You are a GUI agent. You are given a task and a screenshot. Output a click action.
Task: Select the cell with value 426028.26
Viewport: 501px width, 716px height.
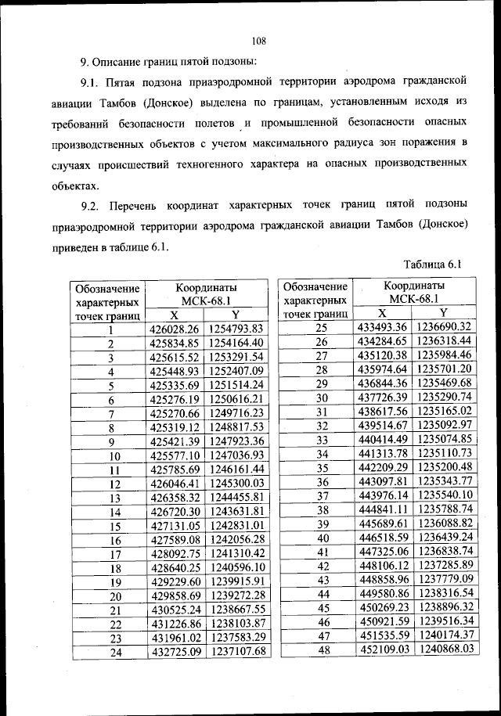pyautogui.click(x=175, y=328)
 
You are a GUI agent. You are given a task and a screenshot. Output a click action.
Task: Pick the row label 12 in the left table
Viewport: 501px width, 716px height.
pyautogui.click(x=111, y=484)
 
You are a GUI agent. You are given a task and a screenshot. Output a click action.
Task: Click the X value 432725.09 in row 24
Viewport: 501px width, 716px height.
pyautogui.click(x=175, y=651)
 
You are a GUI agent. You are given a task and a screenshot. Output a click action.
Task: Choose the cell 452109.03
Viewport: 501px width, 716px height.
pyautogui.click(x=384, y=649)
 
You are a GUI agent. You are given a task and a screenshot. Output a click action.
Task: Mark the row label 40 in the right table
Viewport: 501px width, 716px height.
pyautogui.click(x=320, y=537)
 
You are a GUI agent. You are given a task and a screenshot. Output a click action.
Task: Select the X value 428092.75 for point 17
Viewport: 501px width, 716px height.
pyautogui.click(x=175, y=553)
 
